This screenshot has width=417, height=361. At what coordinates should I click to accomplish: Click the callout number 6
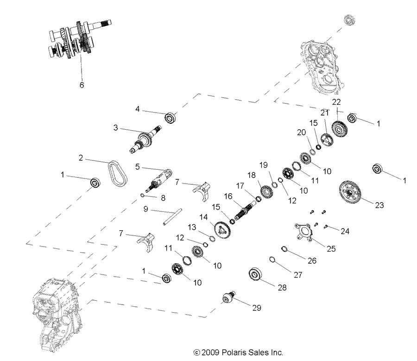(82, 85)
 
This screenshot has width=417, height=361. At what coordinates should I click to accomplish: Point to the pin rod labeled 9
(171, 217)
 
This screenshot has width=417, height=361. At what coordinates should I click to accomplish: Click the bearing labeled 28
(256, 274)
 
